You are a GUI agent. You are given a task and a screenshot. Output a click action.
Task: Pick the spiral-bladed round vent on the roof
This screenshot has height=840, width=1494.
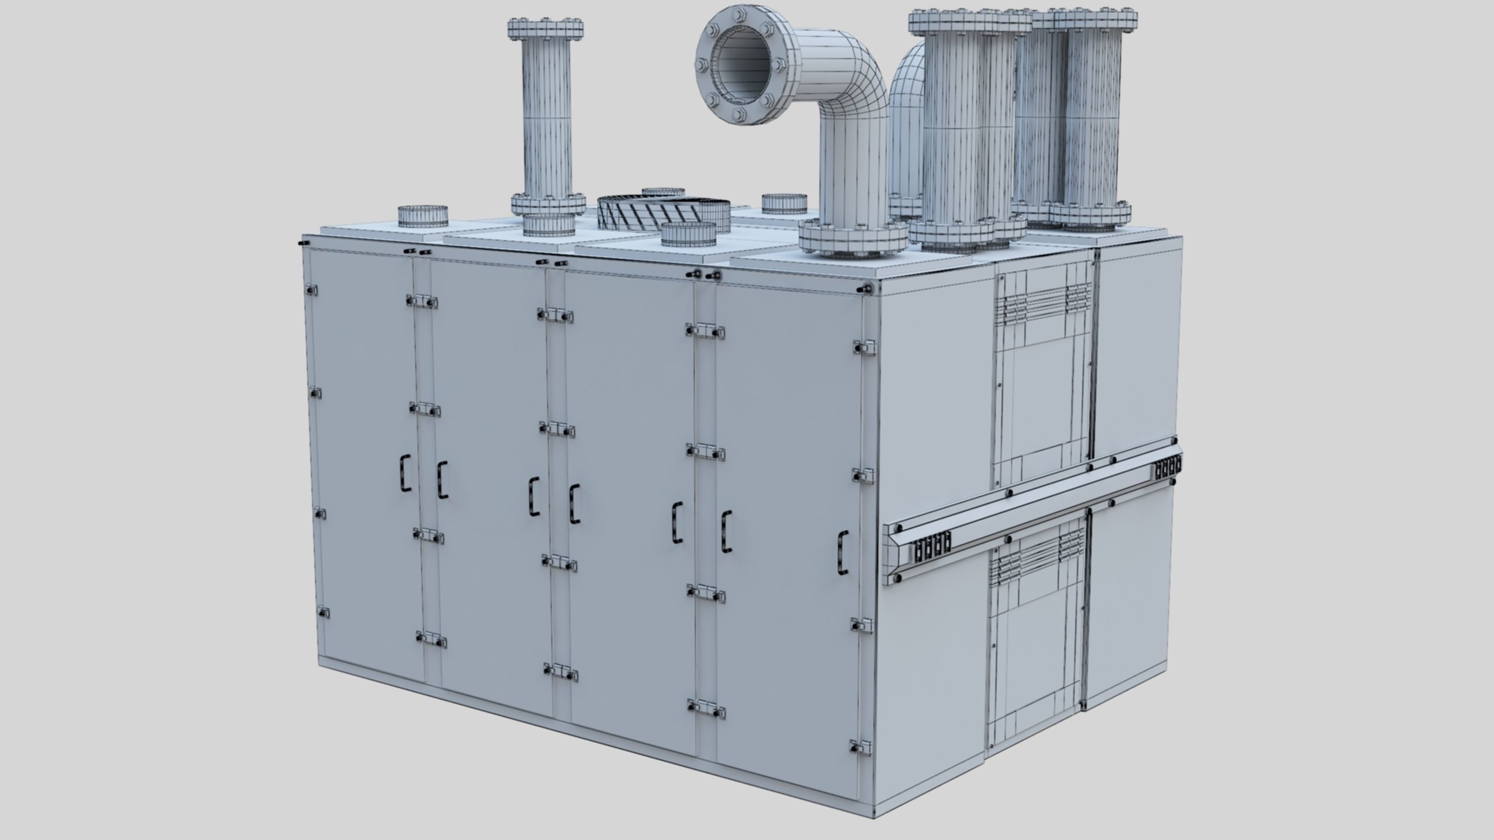(x=664, y=212)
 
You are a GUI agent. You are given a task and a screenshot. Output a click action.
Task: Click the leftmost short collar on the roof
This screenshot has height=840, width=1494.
(x=423, y=216)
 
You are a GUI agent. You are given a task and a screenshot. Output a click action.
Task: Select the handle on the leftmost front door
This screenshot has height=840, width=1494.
(x=405, y=472)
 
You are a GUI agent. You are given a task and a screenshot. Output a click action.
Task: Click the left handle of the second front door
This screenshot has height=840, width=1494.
(x=442, y=480)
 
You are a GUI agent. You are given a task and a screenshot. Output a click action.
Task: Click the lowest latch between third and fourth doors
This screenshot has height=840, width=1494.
(x=706, y=710)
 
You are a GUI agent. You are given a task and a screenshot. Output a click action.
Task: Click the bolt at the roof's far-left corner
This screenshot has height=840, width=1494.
(x=301, y=240)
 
